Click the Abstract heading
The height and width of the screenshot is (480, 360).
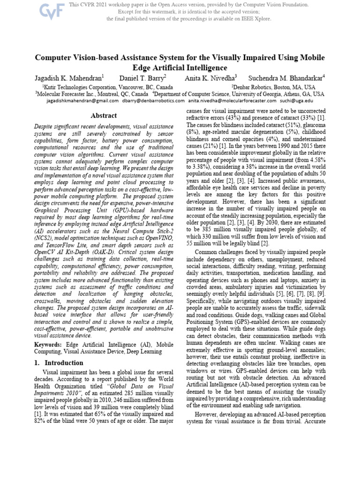pyautogui.click(x=104, y=115)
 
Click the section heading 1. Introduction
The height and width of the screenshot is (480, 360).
pyautogui.click(x=60, y=363)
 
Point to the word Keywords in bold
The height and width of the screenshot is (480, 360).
pyautogui.click(x=48, y=344)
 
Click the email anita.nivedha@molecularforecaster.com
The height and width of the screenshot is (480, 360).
pyautogui.click(x=232, y=100)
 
